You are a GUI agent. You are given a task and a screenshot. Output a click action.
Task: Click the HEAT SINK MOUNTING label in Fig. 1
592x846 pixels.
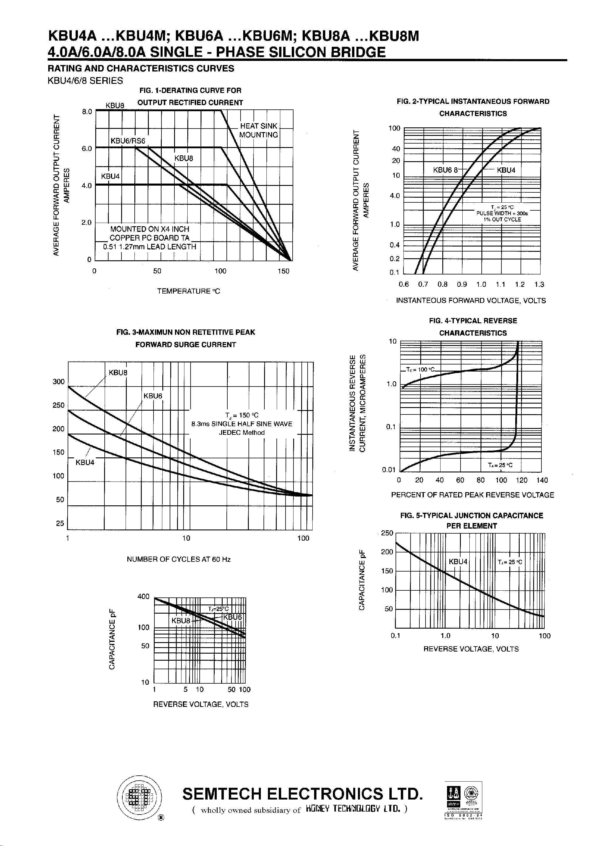click(x=259, y=130)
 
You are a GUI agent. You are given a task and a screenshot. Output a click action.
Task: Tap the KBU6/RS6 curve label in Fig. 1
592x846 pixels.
click(x=128, y=141)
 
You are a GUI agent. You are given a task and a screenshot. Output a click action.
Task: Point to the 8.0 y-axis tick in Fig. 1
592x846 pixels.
click(x=87, y=111)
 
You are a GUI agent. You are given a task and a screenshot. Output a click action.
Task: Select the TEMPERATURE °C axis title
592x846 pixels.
click(x=188, y=291)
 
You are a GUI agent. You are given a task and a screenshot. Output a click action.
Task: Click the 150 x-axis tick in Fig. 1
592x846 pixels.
click(x=283, y=271)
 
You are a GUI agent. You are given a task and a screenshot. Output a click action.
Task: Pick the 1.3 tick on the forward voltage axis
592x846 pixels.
click(x=539, y=284)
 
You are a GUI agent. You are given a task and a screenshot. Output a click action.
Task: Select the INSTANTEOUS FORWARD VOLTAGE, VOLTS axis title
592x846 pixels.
click(x=471, y=301)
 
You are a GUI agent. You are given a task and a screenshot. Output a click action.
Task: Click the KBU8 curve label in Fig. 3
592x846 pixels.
click(x=118, y=372)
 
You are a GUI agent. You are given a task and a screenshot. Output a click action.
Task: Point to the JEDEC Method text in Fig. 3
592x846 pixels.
click(x=242, y=433)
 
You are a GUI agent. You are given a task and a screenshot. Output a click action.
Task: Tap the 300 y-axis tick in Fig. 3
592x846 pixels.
click(x=59, y=382)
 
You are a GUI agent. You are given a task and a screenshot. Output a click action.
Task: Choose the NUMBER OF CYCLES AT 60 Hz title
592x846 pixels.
click(x=179, y=559)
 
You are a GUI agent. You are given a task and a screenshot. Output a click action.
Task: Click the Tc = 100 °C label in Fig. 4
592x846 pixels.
click(x=420, y=369)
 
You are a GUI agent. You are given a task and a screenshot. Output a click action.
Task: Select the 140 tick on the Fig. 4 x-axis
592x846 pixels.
click(x=542, y=480)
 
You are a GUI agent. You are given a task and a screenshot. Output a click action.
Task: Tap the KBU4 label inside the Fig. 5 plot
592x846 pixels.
click(x=458, y=562)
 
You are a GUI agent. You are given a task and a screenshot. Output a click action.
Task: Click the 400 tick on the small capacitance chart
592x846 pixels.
click(x=143, y=596)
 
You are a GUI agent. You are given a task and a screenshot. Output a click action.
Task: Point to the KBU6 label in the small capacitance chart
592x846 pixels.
click(x=232, y=617)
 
